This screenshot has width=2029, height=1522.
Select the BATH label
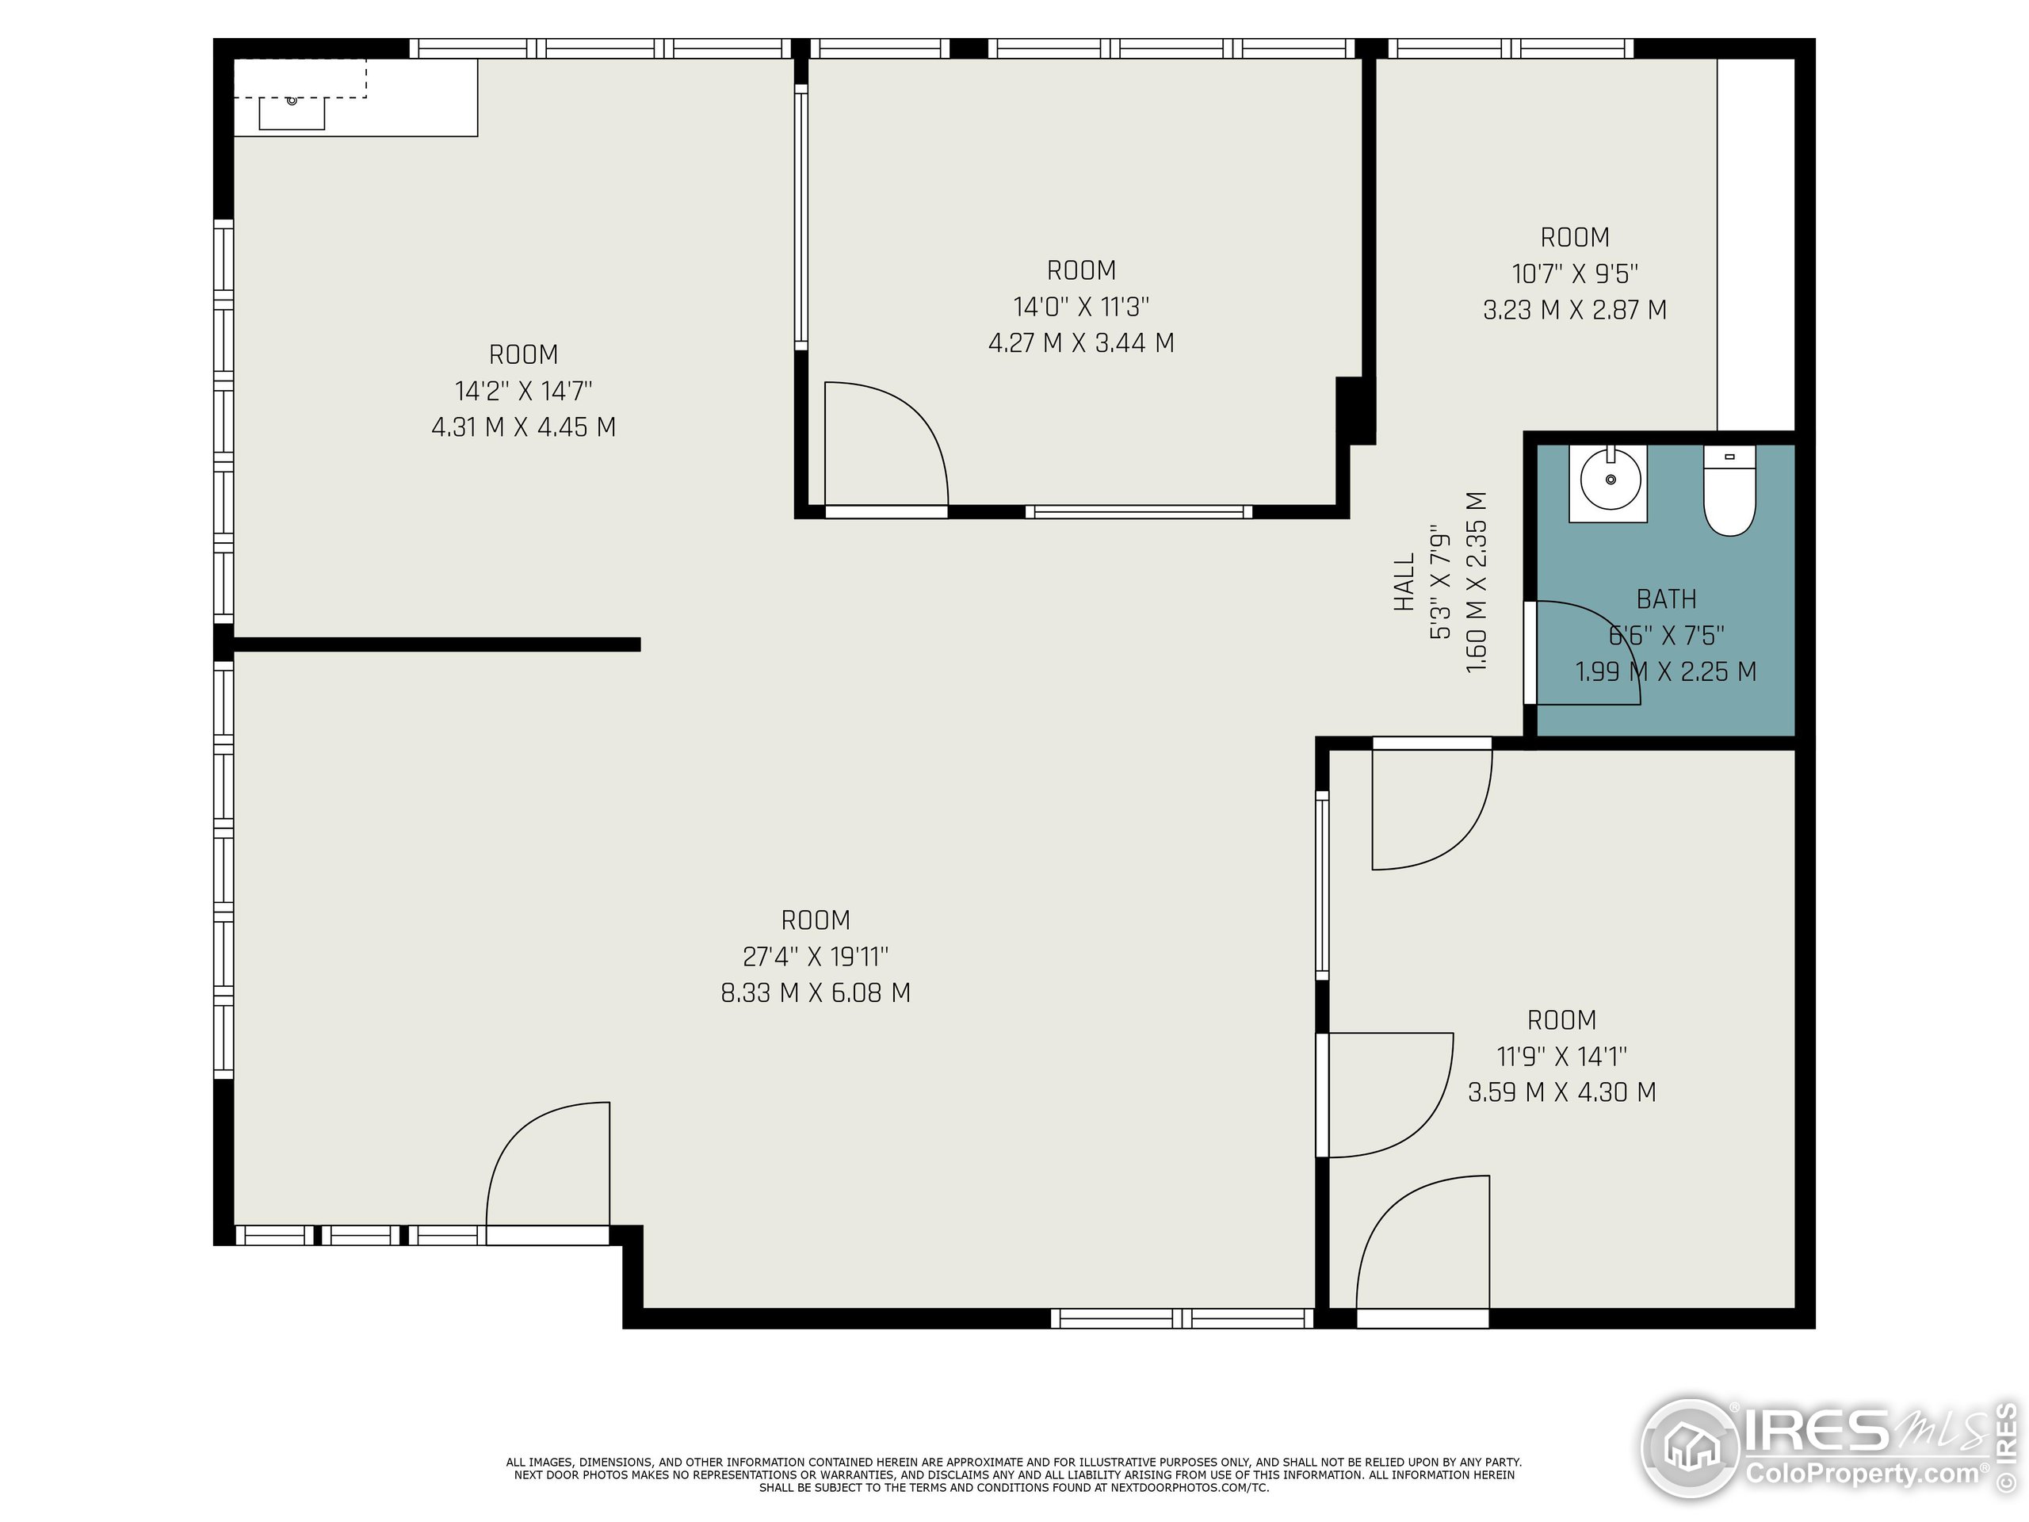coord(1666,599)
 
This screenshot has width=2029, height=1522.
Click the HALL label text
coord(1404,583)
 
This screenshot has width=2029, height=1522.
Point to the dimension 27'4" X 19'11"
coord(816,957)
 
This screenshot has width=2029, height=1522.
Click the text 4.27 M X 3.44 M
coord(1080,343)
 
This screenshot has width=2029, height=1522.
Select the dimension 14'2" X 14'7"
coord(523,391)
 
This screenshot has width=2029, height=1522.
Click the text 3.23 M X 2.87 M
coord(1574,310)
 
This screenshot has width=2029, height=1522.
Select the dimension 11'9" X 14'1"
coord(1561,1056)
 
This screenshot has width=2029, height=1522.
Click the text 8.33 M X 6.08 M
coord(816,993)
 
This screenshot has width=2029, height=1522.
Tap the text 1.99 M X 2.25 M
coord(1666,672)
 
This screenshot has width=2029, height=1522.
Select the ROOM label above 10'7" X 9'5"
coord(1574,238)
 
